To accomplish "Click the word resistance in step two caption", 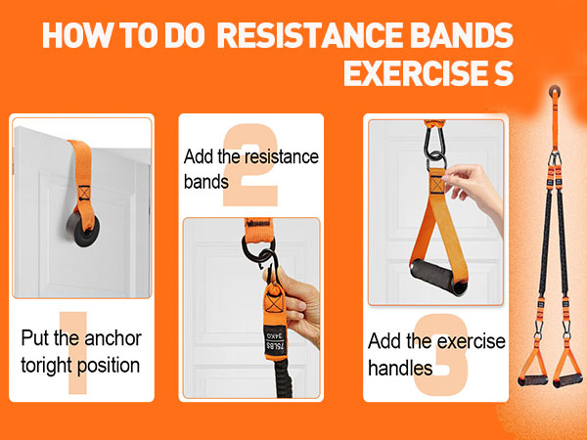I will [278, 156].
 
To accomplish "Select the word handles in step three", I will [400, 369].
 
